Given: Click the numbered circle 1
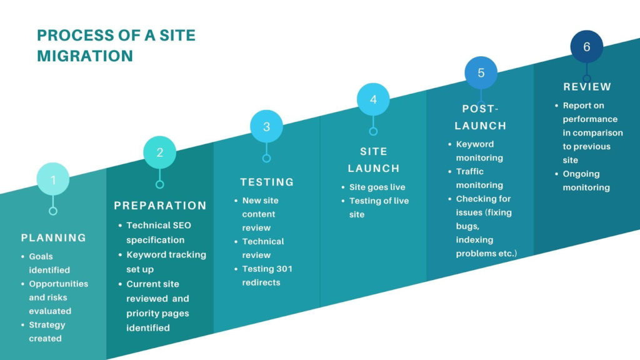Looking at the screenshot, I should [53, 180].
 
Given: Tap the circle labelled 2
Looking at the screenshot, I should [160, 152].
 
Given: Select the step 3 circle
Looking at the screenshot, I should [266, 126].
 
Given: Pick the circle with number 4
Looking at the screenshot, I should [373, 99].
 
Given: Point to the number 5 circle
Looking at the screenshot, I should [481, 72].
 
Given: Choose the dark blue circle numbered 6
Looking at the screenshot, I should [587, 47].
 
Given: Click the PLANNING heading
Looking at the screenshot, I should [54, 237].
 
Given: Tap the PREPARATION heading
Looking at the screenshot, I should [160, 206].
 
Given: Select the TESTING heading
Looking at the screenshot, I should [267, 182].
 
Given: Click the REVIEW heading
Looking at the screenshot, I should [587, 87].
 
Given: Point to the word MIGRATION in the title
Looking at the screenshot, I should [85, 56].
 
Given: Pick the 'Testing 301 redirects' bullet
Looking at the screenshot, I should [267, 276].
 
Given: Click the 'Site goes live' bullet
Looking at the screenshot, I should [377, 187].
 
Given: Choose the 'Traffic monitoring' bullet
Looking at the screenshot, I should [479, 178].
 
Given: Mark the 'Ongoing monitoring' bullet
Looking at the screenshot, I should [586, 181].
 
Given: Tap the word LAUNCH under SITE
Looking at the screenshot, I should [373, 168].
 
